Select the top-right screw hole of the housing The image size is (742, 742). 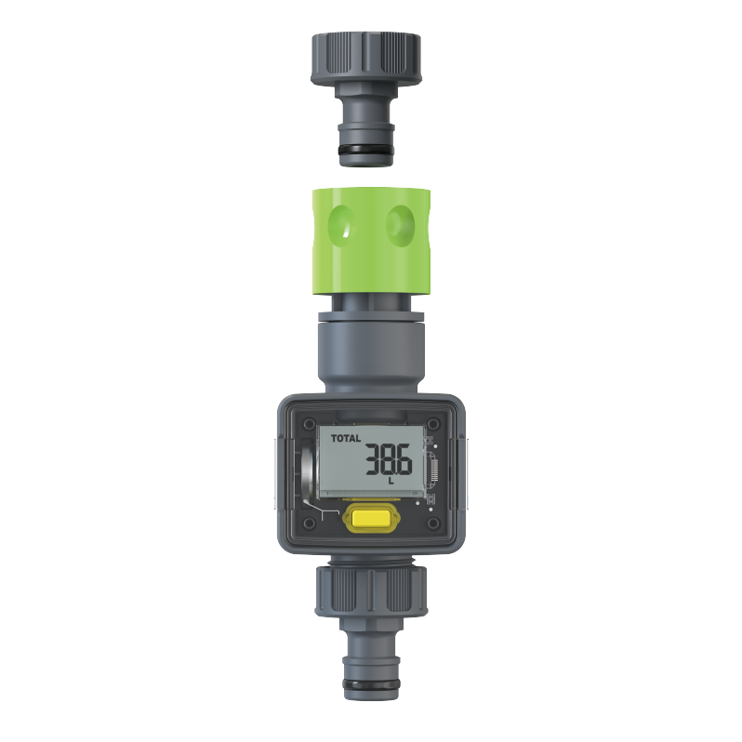tap(433, 424)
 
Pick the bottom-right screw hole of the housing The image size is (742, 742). tap(433, 525)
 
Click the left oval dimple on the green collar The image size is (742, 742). tap(345, 223)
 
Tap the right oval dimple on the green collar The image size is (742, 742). tap(401, 223)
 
